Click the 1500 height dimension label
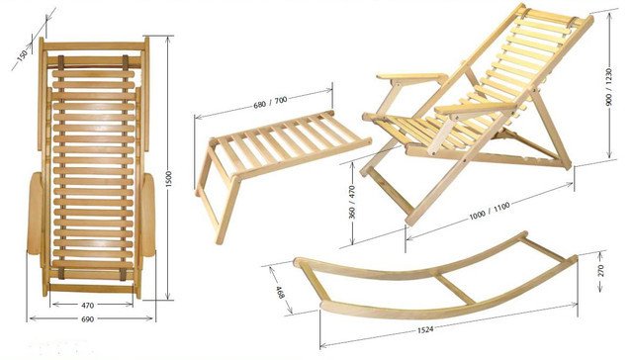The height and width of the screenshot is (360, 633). pyautogui.click(x=169, y=179)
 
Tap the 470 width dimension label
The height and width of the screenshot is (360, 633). pyautogui.click(x=88, y=306)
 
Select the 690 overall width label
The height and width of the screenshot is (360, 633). pyautogui.click(x=88, y=319)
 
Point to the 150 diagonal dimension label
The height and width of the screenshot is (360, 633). pyautogui.click(x=23, y=54)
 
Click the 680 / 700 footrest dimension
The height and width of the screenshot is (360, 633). pyautogui.click(x=270, y=102)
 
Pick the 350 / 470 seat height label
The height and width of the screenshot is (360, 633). pyautogui.click(x=352, y=202)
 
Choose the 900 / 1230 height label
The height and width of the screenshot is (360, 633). pyautogui.click(x=609, y=87)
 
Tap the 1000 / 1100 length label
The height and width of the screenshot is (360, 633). pyautogui.click(x=490, y=211)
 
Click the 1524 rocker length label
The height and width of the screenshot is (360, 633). pyautogui.click(x=425, y=329)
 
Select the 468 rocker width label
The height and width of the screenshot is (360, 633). pyautogui.click(x=280, y=292)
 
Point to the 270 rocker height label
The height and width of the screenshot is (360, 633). pyautogui.click(x=600, y=270)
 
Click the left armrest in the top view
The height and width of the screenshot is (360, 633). pyautogui.click(x=35, y=214)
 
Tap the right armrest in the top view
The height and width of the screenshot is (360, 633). pyautogui.click(x=148, y=215)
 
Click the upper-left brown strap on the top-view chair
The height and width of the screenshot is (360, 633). pyautogui.click(x=61, y=62)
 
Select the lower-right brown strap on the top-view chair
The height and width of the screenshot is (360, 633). pyautogui.click(x=123, y=274)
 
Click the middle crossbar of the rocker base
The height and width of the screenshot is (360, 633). pyautogui.click(x=455, y=287)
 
